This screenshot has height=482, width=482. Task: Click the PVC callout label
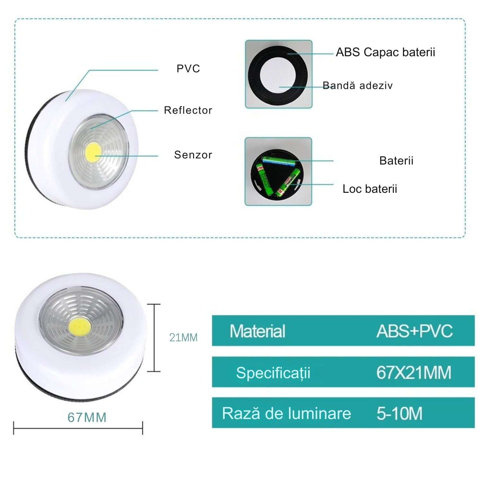click(x=188, y=69)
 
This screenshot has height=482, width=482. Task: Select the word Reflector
click(x=188, y=110)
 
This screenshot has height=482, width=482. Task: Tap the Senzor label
click(x=193, y=155)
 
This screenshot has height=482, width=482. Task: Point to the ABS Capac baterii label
click(x=385, y=52)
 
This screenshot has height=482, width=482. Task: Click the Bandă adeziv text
click(x=358, y=85)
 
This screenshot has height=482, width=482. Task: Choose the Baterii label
click(x=396, y=161)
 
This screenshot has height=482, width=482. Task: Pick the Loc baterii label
click(x=370, y=189)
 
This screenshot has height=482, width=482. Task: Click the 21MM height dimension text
click(x=183, y=337)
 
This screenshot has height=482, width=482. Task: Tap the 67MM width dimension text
click(x=87, y=417)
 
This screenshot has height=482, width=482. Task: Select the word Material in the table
click(x=257, y=331)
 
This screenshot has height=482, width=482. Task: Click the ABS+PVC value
click(x=415, y=331)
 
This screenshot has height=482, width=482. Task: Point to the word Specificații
click(x=273, y=373)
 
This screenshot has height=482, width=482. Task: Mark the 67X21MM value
click(x=414, y=373)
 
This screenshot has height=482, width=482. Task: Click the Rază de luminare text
click(x=286, y=414)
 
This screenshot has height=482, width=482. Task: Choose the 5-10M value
click(x=399, y=414)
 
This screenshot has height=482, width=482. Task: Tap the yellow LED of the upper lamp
click(x=94, y=152)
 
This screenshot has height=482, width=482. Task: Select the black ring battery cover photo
click(x=278, y=75)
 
